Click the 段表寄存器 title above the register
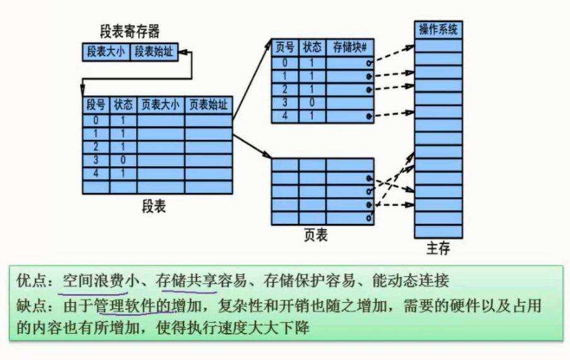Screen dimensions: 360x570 (130, 32)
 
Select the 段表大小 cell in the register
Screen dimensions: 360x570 (106, 52)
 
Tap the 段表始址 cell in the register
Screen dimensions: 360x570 (153, 52)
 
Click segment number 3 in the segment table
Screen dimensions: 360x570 (96, 160)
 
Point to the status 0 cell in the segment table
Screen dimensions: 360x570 (122, 160)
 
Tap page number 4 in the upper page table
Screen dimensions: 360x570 (285, 116)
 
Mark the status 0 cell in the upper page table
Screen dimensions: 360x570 (311, 103)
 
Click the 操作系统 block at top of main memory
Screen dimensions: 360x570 (438, 30)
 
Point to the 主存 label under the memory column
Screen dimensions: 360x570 (438, 248)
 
